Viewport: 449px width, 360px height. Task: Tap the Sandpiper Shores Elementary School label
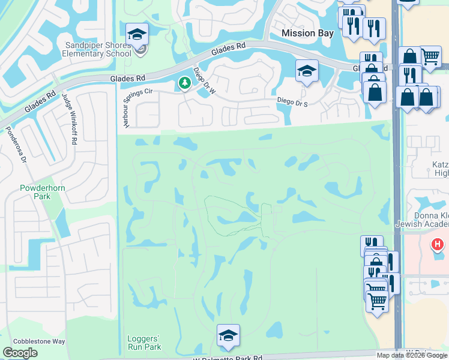(x=100, y=50)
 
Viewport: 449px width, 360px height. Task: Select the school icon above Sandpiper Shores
(x=137, y=34)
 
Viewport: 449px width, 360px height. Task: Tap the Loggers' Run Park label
(x=144, y=343)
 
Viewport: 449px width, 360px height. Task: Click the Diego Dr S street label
(x=292, y=103)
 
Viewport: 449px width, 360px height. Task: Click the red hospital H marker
(x=438, y=244)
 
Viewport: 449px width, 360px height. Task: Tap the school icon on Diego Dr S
(x=307, y=71)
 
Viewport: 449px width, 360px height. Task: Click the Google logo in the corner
(x=20, y=353)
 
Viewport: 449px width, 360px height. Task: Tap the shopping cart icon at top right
(x=430, y=57)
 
